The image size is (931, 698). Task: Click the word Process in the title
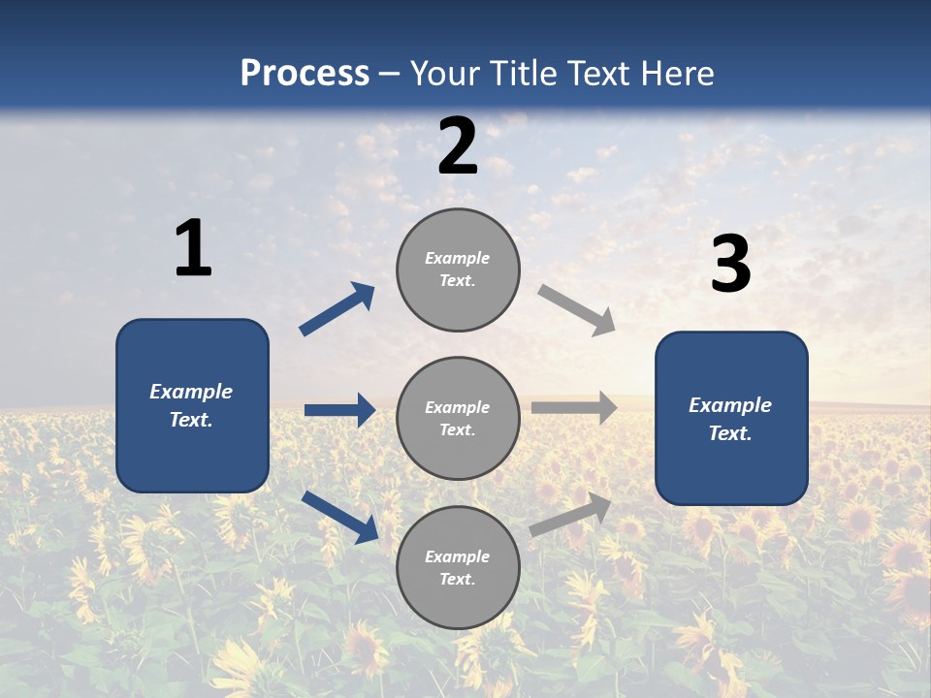coord(305,74)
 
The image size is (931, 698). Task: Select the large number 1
coord(193,248)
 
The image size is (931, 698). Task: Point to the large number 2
coord(458,146)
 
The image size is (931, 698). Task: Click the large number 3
coord(730,265)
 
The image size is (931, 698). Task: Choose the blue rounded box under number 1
coord(192,405)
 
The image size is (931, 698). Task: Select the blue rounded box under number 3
coord(731,419)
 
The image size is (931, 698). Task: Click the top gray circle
coord(458,270)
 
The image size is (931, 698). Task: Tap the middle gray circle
coord(458,418)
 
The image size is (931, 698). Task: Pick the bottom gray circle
coord(458,567)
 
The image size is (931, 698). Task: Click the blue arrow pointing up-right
coord(337,309)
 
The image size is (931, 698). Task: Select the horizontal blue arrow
coord(339,410)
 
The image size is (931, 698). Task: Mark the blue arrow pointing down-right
coord(339,517)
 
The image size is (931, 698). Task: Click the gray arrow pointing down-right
coord(577,310)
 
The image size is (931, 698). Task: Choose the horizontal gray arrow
coord(574,408)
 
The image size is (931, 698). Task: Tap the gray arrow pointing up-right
coord(571,514)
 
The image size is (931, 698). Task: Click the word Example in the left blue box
coord(191,392)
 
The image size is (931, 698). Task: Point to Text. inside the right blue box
coord(730,433)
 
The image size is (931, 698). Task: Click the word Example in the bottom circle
coord(458,556)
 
